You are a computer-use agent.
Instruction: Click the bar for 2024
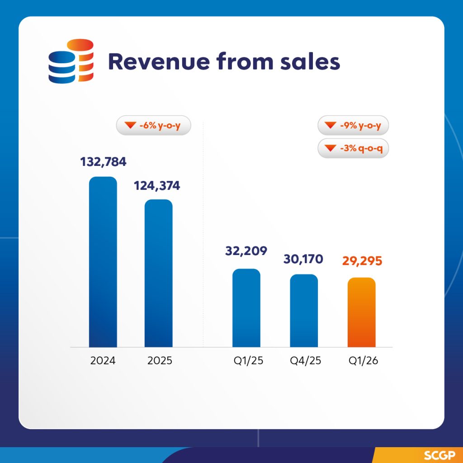click(x=103, y=262)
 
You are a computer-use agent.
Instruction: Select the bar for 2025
click(x=158, y=274)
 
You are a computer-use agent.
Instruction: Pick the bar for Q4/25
click(x=304, y=311)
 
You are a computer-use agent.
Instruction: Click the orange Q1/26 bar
click(x=361, y=312)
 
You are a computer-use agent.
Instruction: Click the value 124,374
click(x=156, y=185)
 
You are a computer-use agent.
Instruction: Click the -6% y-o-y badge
click(x=154, y=126)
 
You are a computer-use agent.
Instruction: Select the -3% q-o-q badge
click(x=354, y=148)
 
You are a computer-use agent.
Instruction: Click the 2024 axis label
click(x=103, y=361)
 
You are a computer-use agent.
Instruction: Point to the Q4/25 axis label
click(x=304, y=361)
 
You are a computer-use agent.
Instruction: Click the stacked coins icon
click(x=71, y=61)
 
